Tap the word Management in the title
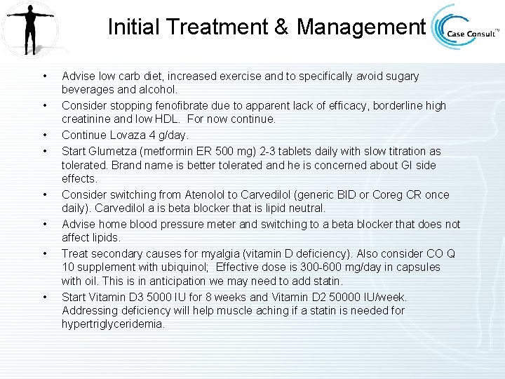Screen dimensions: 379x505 pos(361,27)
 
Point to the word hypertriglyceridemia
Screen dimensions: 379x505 pos(112,325)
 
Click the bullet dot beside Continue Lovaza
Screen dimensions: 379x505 pos(44,134)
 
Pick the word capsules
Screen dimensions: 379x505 pos(417,267)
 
